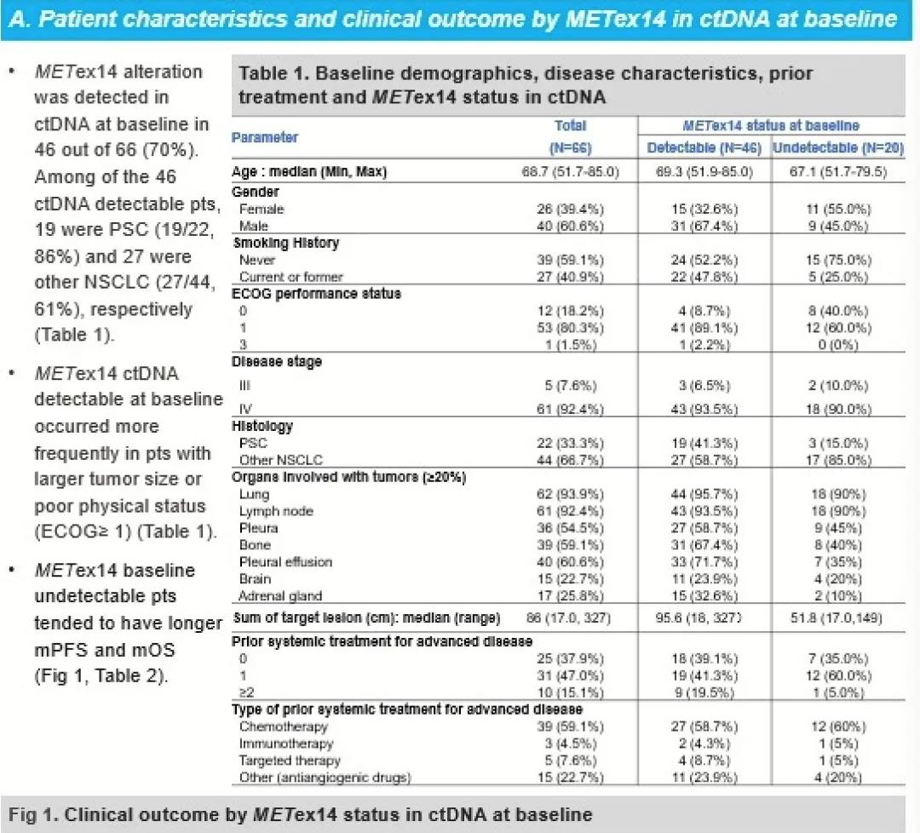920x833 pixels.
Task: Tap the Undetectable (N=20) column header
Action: pyautogui.click(x=837, y=147)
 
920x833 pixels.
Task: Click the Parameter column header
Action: pyautogui.click(x=265, y=136)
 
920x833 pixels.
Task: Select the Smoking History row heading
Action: pyautogui.click(x=286, y=243)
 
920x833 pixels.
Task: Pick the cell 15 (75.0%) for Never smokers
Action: pyautogui.click(x=837, y=260)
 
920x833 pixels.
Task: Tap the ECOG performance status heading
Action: pyautogui.click(x=316, y=293)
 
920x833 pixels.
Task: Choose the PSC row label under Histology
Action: pyautogui.click(x=254, y=443)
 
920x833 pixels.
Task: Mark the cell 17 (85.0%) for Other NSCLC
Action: pyautogui.click(x=837, y=460)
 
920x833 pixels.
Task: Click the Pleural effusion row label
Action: pyautogui.click(x=285, y=561)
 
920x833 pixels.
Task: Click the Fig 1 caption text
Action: pyautogui.click(x=301, y=814)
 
